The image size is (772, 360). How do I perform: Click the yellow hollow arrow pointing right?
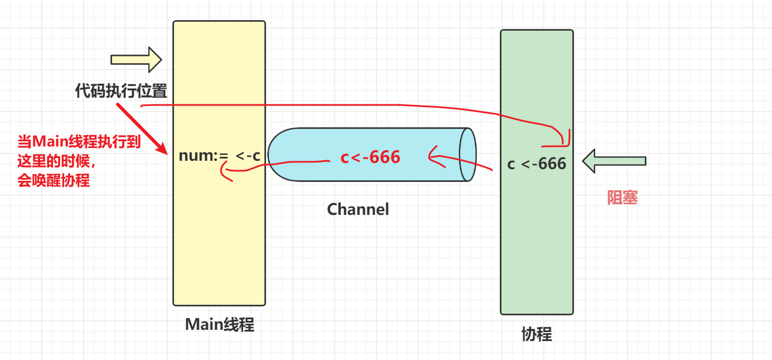coord(136,59)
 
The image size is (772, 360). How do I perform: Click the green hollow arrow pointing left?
coord(614,161)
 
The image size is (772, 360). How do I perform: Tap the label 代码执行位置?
coord(121,91)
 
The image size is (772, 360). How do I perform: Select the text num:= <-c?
coord(219,156)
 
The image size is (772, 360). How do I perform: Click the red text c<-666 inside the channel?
coord(370,157)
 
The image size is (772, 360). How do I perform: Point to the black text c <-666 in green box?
coord(537,164)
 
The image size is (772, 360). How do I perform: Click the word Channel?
coord(358,209)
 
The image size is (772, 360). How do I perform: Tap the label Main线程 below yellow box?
coord(219,325)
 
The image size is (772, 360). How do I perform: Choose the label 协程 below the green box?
coord(537,334)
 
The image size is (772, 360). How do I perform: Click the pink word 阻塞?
coord(622,198)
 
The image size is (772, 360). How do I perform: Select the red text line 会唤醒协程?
coord(54,181)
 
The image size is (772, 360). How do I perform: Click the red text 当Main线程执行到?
coord(79,142)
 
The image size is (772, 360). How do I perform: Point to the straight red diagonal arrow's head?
coord(165,151)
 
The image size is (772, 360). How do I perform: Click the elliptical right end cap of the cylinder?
coord(467,155)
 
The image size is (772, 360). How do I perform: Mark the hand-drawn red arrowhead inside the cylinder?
coord(432,156)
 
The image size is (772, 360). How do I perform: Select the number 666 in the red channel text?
coord(385,157)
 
